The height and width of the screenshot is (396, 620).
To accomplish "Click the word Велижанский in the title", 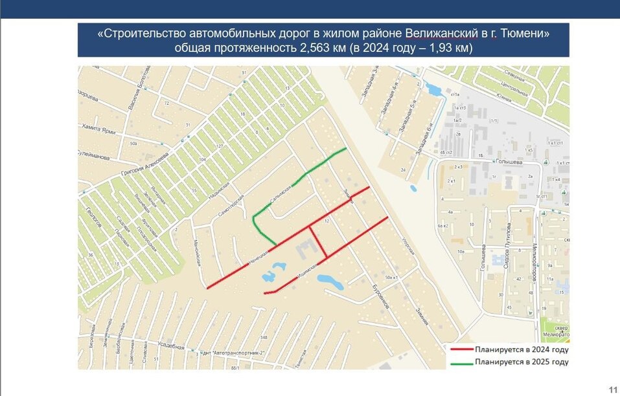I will click(440, 34).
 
